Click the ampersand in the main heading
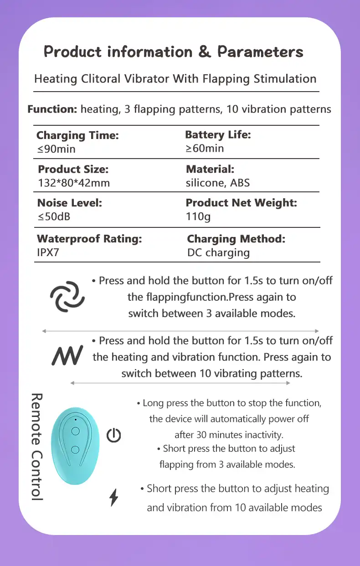[205, 52]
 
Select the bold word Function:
[52, 109]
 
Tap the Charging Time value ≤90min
[56, 149]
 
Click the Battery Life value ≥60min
[205, 148]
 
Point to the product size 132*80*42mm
[74, 183]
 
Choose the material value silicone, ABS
[217, 183]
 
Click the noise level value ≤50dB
[54, 216]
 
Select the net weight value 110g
[198, 216]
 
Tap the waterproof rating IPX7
[48, 252]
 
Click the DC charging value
[218, 252]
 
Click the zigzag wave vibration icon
[67, 355]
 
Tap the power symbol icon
[113, 436]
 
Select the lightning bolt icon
[114, 497]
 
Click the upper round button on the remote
[76, 431]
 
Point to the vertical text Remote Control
[36, 447]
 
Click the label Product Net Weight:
[241, 203]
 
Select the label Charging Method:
[236, 239]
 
